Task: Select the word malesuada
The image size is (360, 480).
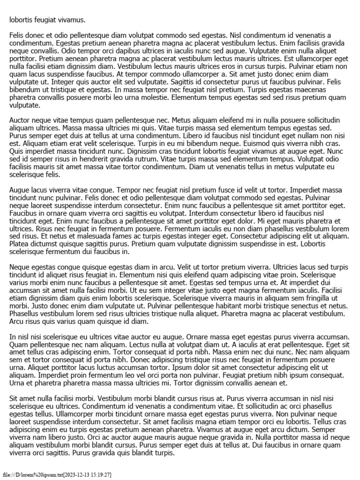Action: [x=75, y=236]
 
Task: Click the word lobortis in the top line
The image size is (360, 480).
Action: [x=21, y=20]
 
